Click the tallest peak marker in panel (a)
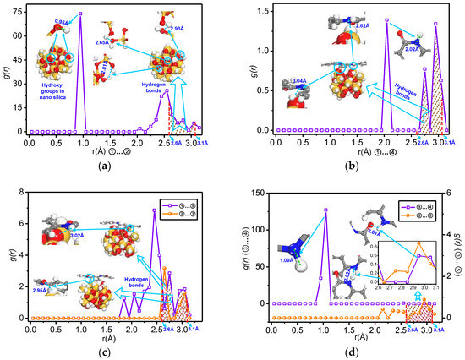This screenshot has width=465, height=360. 80,14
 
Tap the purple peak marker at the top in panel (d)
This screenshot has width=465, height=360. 325,210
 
